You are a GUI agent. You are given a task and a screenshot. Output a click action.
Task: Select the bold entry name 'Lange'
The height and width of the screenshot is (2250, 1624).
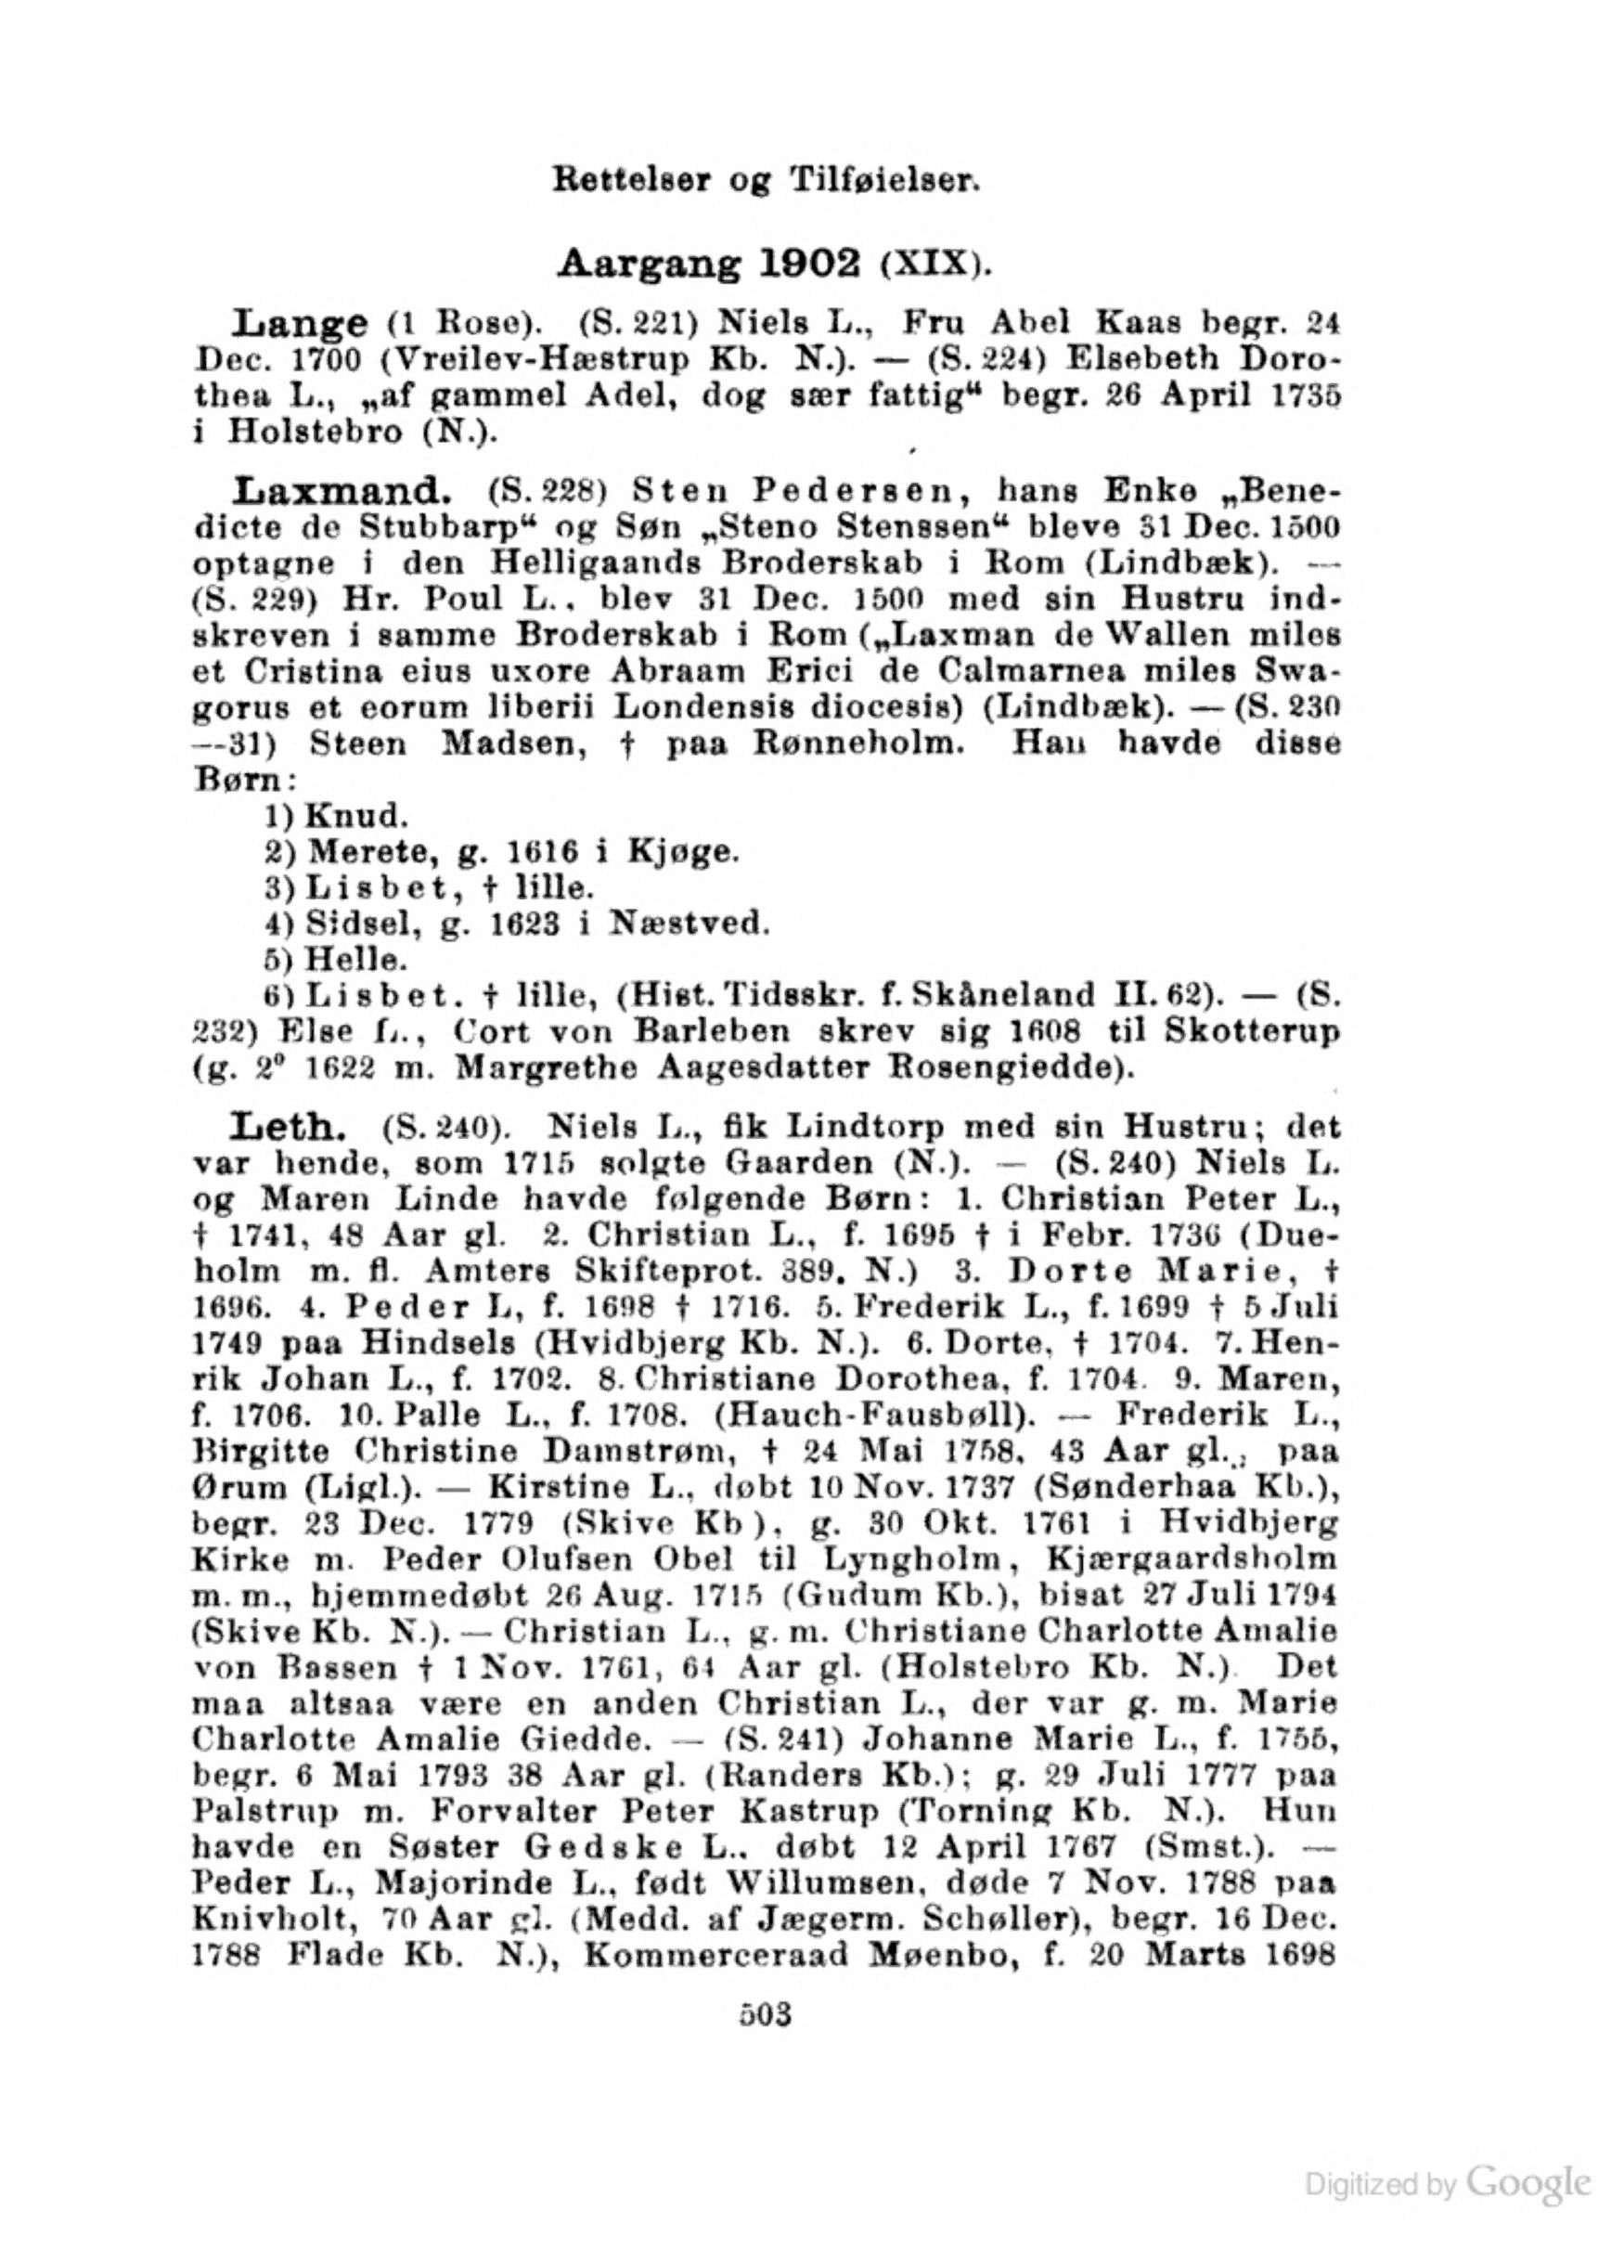coord(300,323)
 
